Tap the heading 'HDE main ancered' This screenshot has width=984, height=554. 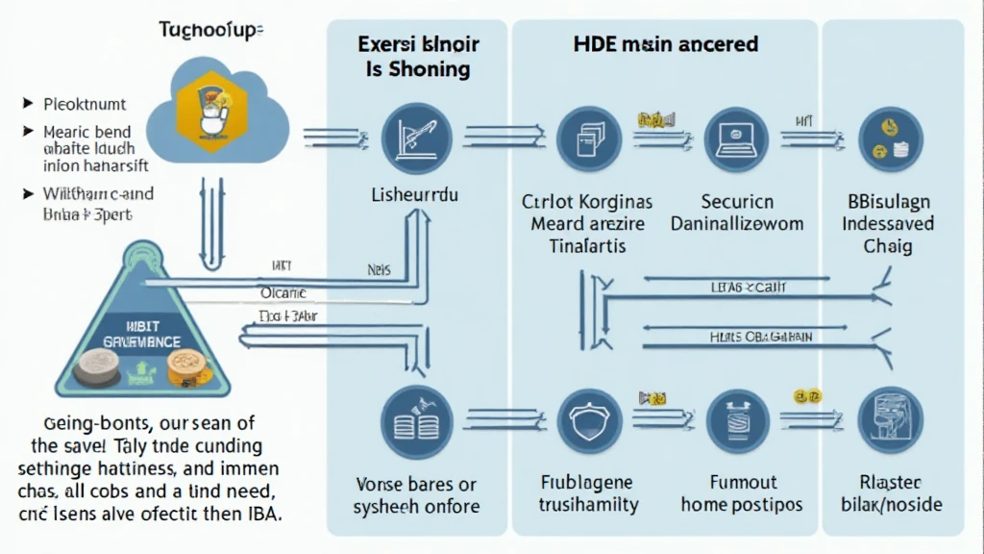pos(665,44)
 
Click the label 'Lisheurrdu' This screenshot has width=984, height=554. pos(414,195)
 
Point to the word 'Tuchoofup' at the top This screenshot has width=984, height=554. pos(210,30)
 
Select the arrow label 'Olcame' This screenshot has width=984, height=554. pos(283,291)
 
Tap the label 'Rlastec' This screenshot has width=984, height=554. pos(890,483)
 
